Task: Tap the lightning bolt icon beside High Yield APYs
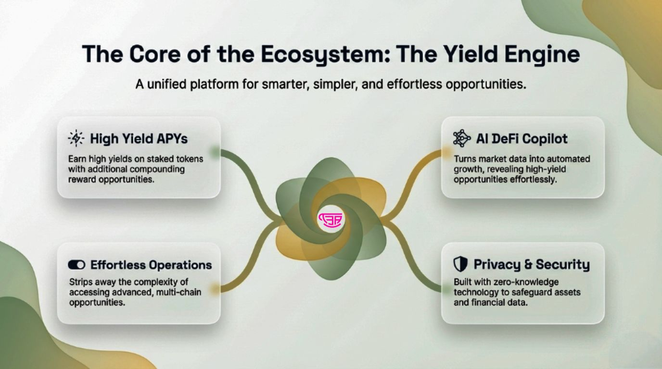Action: pos(76,138)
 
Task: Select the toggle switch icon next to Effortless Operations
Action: pos(76,265)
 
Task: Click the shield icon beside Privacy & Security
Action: pos(460,264)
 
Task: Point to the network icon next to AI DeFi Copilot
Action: pos(462,138)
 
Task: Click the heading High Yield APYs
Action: pos(139,139)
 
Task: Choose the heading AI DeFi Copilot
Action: pos(522,139)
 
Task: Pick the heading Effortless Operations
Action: pos(151,265)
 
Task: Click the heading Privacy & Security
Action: pos(532,265)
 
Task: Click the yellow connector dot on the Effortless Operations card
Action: pos(215,289)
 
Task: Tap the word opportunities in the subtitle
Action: pos(486,85)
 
